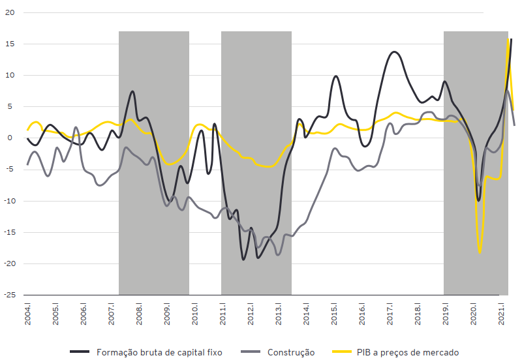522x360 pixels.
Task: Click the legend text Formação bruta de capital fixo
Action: click(x=159, y=352)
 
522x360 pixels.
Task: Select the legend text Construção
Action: click(x=291, y=352)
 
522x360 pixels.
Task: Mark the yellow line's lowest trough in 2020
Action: click(x=480, y=252)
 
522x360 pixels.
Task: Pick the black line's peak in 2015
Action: click(x=336, y=76)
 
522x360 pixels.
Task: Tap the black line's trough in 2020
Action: click(x=478, y=200)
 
